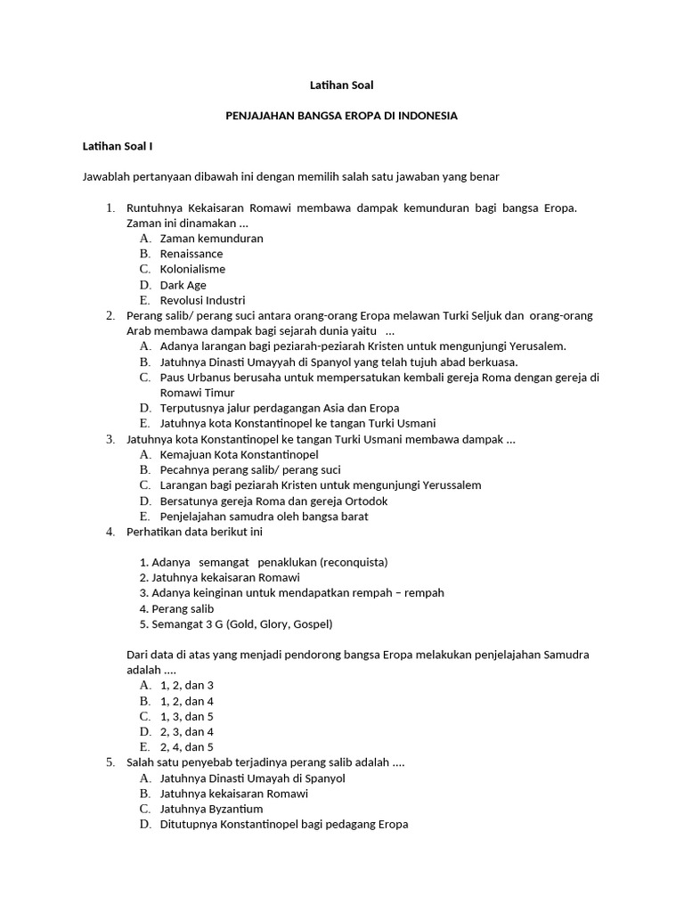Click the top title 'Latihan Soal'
pos(342,85)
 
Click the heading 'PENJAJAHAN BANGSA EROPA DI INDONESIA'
pos(342,116)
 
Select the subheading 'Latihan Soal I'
pos(118,145)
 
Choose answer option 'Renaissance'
pos(191,254)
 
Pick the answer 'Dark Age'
pos(183,285)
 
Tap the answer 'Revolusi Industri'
pos(202,300)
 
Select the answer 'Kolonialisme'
pos(192,269)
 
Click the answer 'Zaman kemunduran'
pos(211,239)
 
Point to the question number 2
pos(110,315)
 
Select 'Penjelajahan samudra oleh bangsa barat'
pos(264,516)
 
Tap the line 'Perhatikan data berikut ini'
pos(195,532)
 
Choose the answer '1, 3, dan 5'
pos(187,716)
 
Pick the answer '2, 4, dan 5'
pos(187,747)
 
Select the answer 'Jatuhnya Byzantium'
pos(211,809)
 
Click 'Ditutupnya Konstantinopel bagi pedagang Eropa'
pos(284,824)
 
